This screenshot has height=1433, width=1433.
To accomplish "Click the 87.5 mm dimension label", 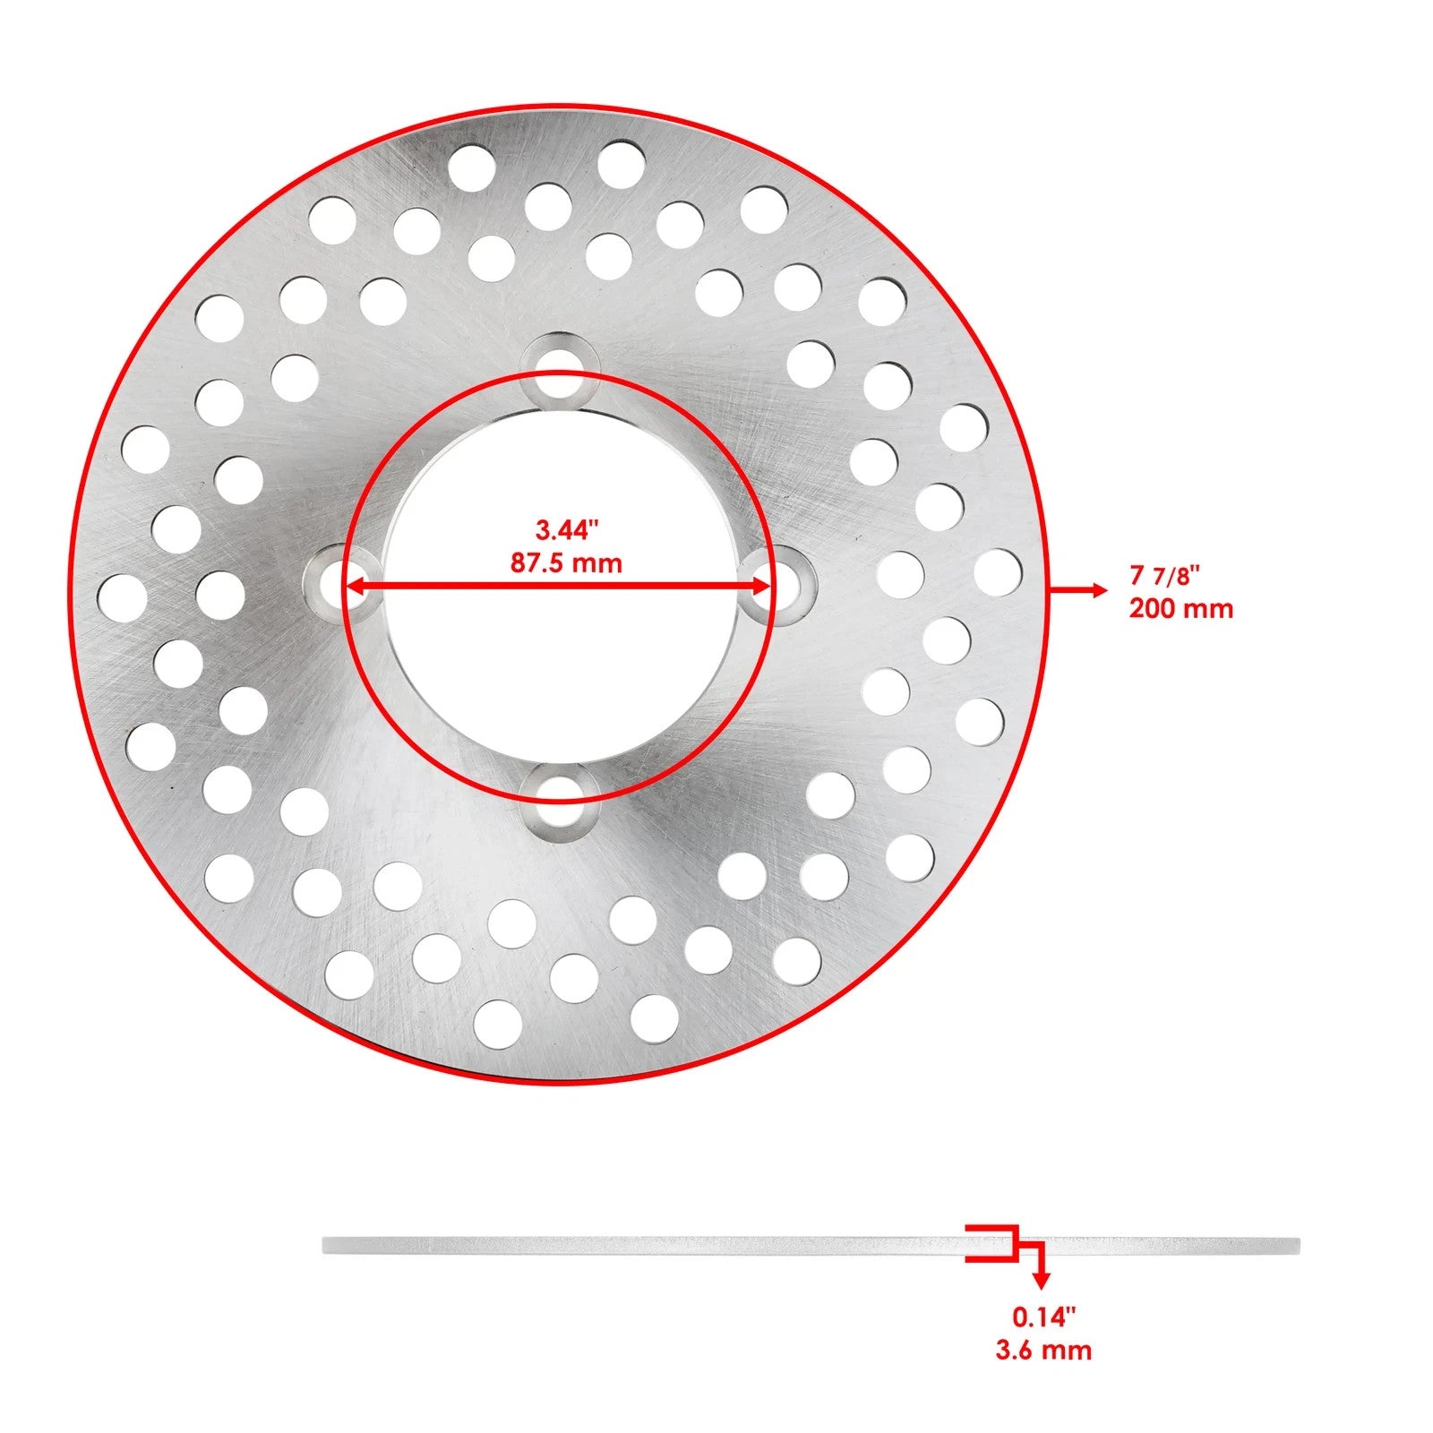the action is [x=566, y=563].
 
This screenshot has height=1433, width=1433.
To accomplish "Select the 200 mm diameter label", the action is [x=1180, y=609].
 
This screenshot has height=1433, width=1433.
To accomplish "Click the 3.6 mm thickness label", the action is [x=1043, y=1350].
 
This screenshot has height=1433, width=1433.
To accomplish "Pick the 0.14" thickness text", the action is [x=1043, y=1317].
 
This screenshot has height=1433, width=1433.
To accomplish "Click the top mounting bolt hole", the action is [x=561, y=367].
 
